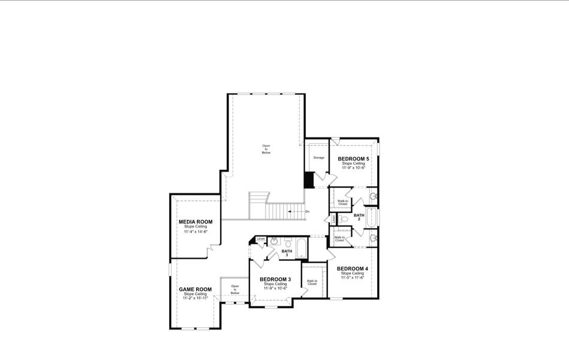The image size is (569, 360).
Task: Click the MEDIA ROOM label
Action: coord(195,221)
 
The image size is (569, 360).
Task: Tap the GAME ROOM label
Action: coord(195,289)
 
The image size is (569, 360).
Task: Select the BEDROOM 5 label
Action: coord(354,158)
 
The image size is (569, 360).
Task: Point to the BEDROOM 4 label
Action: coord(353,268)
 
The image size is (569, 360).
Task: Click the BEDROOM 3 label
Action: coord(276,280)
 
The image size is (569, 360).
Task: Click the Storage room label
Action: coord(318,158)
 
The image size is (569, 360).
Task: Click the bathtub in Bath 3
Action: coord(301,248)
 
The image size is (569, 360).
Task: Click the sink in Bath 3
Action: coord(274,241)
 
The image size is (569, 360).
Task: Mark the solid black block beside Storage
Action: coord(309,180)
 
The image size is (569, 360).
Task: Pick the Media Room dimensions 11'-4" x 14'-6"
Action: coord(195,231)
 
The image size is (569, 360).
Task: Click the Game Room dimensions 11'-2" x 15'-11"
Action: coord(195,298)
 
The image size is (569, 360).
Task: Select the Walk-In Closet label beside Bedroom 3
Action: coord(312,282)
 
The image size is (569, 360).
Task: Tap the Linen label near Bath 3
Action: coord(260,239)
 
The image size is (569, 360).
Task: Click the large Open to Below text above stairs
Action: coord(266,149)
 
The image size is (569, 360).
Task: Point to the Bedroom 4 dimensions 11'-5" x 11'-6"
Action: coord(353,278)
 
